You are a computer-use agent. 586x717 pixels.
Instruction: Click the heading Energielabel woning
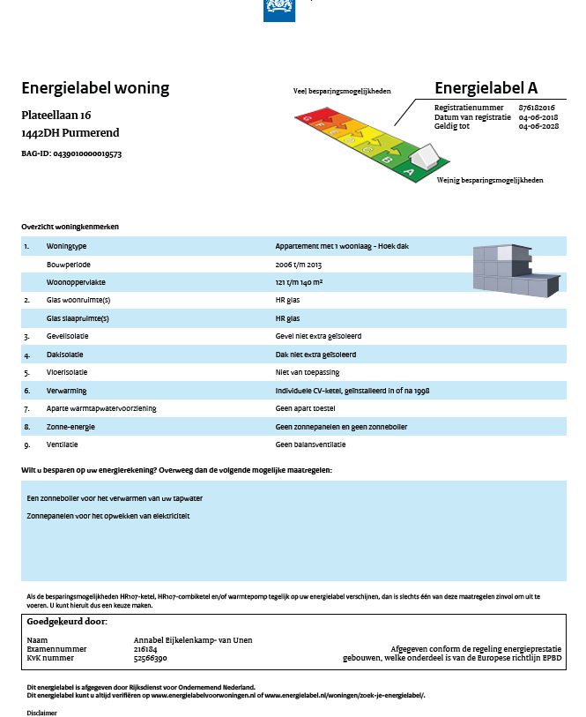click(x=95, y=88)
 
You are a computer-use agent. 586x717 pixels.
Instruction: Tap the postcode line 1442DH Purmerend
click(x=70, y=133)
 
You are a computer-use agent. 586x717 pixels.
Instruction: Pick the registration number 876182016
click(x=537, y=107)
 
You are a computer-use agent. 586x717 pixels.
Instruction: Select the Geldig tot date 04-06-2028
click(x=538, y=126)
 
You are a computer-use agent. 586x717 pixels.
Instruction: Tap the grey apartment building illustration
click(x=516, y=270)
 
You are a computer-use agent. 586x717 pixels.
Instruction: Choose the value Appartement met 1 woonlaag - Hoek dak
click(x=342, y=246)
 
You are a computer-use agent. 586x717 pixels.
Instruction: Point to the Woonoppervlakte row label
click(x=74, y=282)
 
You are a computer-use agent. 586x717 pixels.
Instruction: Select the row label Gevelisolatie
click(x=68, y=336)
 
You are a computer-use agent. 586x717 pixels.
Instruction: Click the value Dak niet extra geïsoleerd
click(x=316, y=354)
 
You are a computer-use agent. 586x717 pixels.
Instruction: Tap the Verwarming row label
click(x=67, y=390)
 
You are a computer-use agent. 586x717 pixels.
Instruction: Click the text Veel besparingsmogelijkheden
click(x=342, y=91)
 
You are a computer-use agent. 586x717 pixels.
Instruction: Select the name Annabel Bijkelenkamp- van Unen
click(x=192, y=639)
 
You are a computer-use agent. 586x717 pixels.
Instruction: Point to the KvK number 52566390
click(x=150, y=658)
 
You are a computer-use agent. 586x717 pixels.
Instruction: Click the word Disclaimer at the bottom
click(x=41, y=712)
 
